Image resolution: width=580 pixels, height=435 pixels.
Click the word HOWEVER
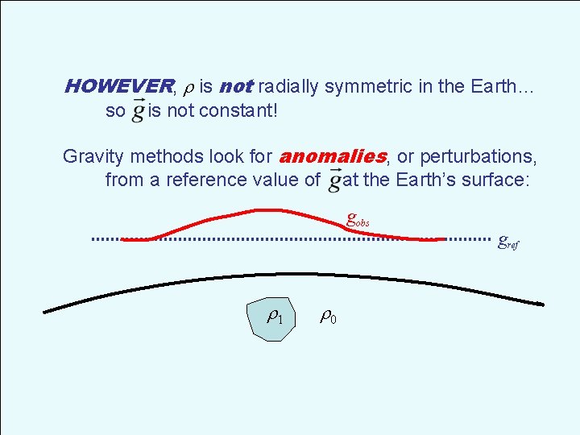pyautogui.click(x=118, y=86)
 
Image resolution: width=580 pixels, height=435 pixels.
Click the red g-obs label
pyautogui.click(x=357, y=218)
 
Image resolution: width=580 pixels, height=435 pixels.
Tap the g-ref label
pyautogui.click(x=508, y=241)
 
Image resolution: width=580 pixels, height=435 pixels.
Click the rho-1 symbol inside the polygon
pyautogui.click(x=275, y=317)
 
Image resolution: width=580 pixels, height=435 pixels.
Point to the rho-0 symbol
pyautogui.click(x=328, y=317)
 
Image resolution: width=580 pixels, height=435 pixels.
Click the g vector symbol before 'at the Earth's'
pyautogui.click(x=334, y=179)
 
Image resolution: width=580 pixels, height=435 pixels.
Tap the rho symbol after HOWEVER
pyautogui.click(x=188, y=87)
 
